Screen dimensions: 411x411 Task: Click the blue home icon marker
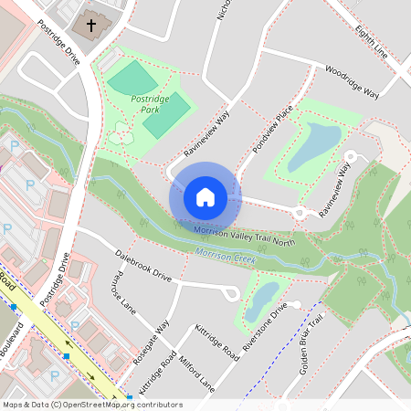tap(205, 196)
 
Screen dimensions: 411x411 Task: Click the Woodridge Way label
tap(352, 80)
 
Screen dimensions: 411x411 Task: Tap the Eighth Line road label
tap(372, 41)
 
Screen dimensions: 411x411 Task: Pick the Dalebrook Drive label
tap(143, 264)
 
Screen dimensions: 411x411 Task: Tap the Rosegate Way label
tap(152, 342)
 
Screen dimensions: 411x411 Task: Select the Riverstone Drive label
tap(265, 329)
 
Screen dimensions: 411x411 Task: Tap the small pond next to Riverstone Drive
tap(263, 297)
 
